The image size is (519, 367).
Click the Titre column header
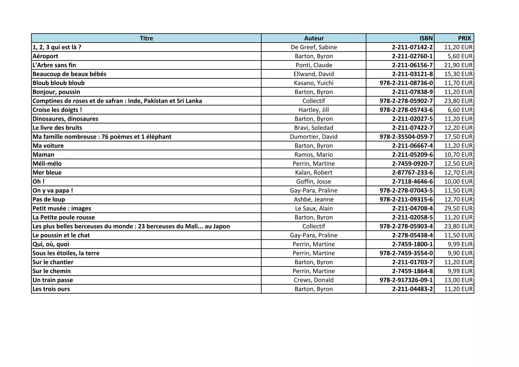146,38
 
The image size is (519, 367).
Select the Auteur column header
314,38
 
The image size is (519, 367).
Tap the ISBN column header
426,38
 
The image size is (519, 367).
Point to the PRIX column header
464,38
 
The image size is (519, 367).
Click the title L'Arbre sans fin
54,65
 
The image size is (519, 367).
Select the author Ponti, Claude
314,65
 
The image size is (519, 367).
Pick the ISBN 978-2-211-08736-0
406,83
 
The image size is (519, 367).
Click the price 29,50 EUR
458,208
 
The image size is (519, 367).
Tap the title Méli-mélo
47,164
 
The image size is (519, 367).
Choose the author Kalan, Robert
314,173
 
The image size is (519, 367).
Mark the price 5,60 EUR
460,56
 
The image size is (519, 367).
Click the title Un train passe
53,280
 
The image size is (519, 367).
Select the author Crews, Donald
314,280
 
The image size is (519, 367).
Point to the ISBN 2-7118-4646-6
412,182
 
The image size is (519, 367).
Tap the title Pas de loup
49,200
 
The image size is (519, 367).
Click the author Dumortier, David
314,137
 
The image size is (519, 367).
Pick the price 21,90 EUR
458,65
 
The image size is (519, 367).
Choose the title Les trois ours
51,289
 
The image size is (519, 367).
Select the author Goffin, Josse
314,182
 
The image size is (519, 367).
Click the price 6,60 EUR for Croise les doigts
460,110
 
